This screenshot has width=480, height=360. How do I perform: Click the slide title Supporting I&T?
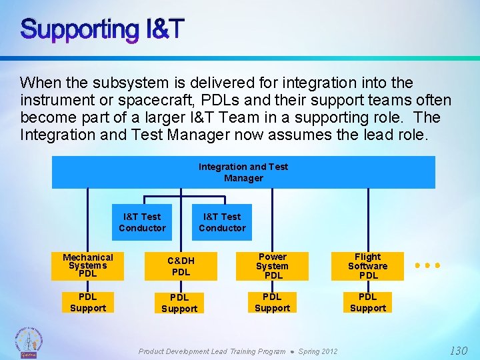coord(102,29)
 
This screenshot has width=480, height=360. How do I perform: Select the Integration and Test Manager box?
coord(243,172)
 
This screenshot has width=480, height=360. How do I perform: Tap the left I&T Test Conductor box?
coord(142,222)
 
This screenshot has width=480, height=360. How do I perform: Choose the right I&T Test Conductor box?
coord(222,222)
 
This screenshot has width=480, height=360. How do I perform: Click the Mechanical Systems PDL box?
coord(88,265)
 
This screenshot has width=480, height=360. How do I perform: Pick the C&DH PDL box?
coord(181,266)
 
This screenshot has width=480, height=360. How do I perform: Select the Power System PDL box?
coord(273,266)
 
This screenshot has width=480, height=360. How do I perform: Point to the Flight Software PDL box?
coord(368,266)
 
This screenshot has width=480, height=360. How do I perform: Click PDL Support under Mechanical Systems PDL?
coord(88,302)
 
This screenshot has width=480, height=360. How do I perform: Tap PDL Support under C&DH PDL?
coord(179,303)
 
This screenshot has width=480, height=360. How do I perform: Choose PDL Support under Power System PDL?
coord(273,302)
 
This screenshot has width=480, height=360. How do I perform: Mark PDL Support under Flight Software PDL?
coord(368,302)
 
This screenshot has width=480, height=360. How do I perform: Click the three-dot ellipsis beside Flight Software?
coord(427,265)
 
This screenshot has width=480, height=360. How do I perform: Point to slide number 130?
coord(458,351)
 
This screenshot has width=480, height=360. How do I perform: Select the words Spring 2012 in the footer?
coord(318,351)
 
